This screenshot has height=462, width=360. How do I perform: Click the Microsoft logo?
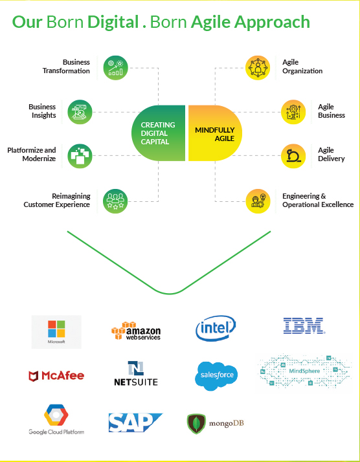56,332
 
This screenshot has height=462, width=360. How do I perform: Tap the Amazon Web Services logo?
136,331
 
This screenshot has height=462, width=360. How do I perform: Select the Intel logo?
216,328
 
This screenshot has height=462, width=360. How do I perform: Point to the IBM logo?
304,325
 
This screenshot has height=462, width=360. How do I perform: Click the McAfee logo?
56,376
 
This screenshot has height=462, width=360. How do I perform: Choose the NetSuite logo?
136,373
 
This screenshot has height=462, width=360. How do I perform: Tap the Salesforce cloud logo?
216,376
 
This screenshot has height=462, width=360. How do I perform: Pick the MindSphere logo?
304,373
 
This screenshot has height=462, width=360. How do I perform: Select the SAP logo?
135,423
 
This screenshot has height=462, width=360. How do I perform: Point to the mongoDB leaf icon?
196,424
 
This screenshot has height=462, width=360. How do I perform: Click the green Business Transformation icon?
116,68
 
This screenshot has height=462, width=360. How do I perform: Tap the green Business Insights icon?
80,112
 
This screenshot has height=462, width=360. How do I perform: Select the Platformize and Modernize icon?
80,156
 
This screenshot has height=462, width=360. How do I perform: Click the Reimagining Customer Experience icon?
115,201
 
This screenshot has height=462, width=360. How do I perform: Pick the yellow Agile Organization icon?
258,68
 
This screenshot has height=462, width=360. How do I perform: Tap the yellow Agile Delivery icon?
293,156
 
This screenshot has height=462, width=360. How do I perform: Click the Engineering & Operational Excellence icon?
258,201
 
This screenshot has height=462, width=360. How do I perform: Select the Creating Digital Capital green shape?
159,133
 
